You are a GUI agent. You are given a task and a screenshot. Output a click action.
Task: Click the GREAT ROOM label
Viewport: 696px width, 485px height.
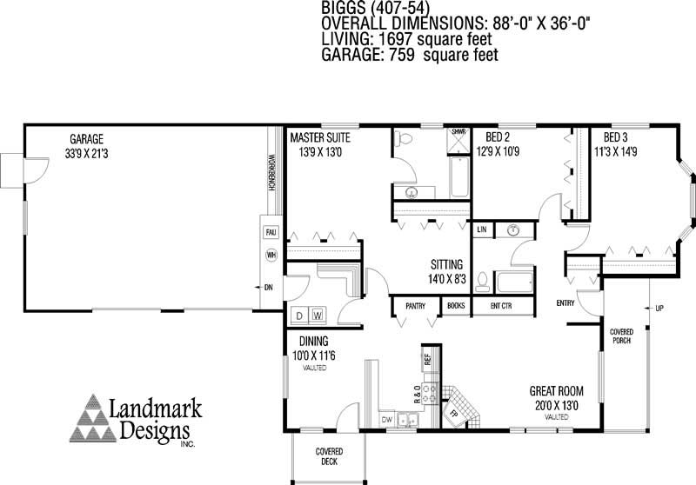(x=557, y=392)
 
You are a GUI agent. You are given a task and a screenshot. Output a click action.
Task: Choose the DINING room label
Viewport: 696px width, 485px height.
(x=314, y=342)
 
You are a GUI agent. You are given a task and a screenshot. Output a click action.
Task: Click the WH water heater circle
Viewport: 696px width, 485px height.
(x=271, y=256)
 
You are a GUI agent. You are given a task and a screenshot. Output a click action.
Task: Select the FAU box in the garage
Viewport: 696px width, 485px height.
(x=271, y=233)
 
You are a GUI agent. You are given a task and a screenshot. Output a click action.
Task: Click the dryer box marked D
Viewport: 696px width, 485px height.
(x=298, y=314)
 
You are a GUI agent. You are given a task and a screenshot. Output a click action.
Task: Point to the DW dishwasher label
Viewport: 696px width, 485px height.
(x=387, y=419)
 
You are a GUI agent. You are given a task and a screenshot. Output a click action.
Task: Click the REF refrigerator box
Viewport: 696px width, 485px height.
(x=427, y=358)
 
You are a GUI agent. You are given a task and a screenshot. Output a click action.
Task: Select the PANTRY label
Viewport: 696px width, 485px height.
(x=416, y=305)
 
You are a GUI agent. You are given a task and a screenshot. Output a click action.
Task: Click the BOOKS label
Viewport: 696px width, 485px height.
(x=456, y=305)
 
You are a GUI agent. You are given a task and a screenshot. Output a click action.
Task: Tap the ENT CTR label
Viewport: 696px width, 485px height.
(x=500, y=305)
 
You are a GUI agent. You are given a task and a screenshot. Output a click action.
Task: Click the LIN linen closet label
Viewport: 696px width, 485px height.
(x=481, y=229)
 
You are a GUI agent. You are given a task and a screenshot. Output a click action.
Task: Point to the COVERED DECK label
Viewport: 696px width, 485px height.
(x=328, y=456)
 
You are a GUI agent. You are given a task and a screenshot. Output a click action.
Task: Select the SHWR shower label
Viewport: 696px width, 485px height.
(x=458, y=132)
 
